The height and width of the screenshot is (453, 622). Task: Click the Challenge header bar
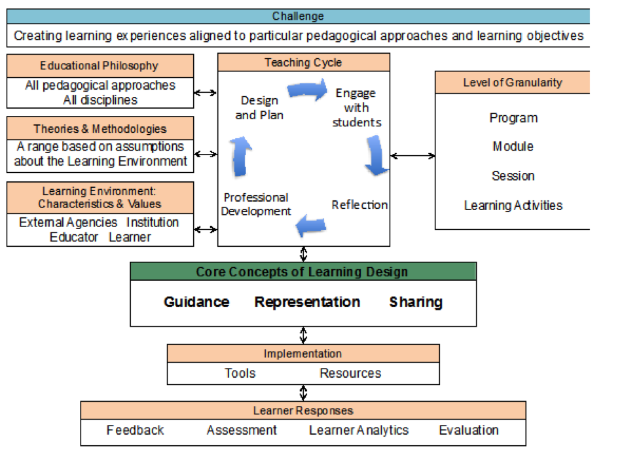click(298, 16)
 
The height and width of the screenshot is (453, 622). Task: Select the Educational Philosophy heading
click(100, 65)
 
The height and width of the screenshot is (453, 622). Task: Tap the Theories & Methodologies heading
click(100, 129)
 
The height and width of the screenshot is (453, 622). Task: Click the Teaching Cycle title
click(303, 63)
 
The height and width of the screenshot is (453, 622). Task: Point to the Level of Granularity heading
click(512, 82)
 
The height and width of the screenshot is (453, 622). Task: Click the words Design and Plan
click(259, 107)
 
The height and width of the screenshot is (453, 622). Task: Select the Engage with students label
click(356, 107)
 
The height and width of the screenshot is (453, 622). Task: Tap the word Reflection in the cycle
click(359, 205)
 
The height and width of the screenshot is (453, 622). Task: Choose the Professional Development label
click(255, 204)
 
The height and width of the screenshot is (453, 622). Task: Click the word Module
click(513, 147)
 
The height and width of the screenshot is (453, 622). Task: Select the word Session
click(513, 176)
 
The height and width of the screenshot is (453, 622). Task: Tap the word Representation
click(307, 302)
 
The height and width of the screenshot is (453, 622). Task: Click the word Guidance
click(196, 302)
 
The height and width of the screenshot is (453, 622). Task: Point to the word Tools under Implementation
click(240, 373)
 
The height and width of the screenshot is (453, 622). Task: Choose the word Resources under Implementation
click(350, 373)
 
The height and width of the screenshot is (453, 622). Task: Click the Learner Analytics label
click(358, 430)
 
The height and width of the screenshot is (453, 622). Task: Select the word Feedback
click(135, 430)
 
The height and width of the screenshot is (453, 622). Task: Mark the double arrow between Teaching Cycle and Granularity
click(412, 156)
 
